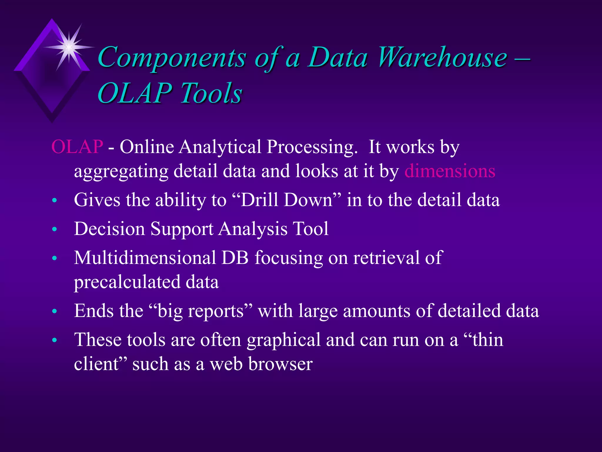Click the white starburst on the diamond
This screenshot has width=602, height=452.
pyautogui.click(x=68, y=47)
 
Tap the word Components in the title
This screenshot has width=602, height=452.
pyautogui.click(x=172, y=58)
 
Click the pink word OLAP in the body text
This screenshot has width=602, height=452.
pyautogui.click(x=77, y=147)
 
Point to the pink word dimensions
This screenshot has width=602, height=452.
pyautogui.click(x=450, y=171)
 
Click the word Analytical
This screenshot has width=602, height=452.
pyautogui.click(x=220, y=147)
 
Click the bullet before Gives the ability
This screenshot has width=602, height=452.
pyautogui.click(x=54, y=201)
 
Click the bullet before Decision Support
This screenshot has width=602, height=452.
pyautogui.click(x=54, y=229)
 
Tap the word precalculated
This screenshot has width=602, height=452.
pyautogui.click(x=127, y=282)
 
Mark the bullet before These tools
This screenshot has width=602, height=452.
pyautogui.click(x=54, y=340)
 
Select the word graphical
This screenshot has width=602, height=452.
pyautogui.click(x=283, y=340)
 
